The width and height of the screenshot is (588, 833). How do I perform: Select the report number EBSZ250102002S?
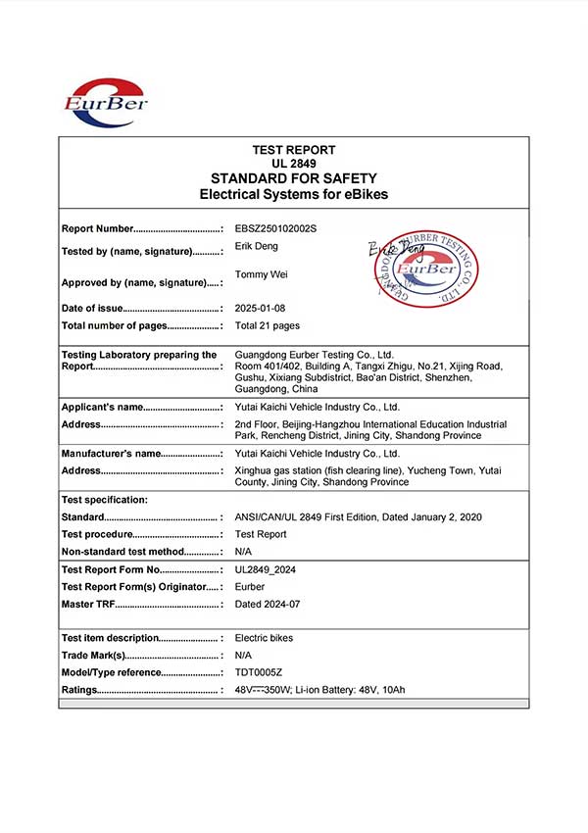[x=276, y=228]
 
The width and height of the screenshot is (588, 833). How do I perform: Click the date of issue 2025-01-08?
[x=260, y=308]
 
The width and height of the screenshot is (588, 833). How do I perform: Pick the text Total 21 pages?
[x=268, y=325]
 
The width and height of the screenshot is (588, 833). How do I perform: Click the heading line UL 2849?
[x=294, y=164]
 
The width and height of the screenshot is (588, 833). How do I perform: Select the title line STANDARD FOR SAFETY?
[x=294, y=178]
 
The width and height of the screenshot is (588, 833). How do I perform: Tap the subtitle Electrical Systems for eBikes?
[x=294, y=194]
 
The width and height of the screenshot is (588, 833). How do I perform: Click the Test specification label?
[x=105, y=500]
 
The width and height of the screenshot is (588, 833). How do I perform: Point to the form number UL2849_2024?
[x=267, y=569]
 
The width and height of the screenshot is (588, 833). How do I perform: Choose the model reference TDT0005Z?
[x=259, y=672]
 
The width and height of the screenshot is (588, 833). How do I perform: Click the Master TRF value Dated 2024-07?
[x=268, y=604]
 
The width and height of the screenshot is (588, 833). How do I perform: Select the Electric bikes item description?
[x=264, y=638]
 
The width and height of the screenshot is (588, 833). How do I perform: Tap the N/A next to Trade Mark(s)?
[x=244, y=655]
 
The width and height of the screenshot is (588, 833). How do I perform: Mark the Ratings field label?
[x=79, y=690]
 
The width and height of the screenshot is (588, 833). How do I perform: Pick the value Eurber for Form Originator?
[x=252, y=586]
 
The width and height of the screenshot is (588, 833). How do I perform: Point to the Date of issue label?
[x=92, y=309]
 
